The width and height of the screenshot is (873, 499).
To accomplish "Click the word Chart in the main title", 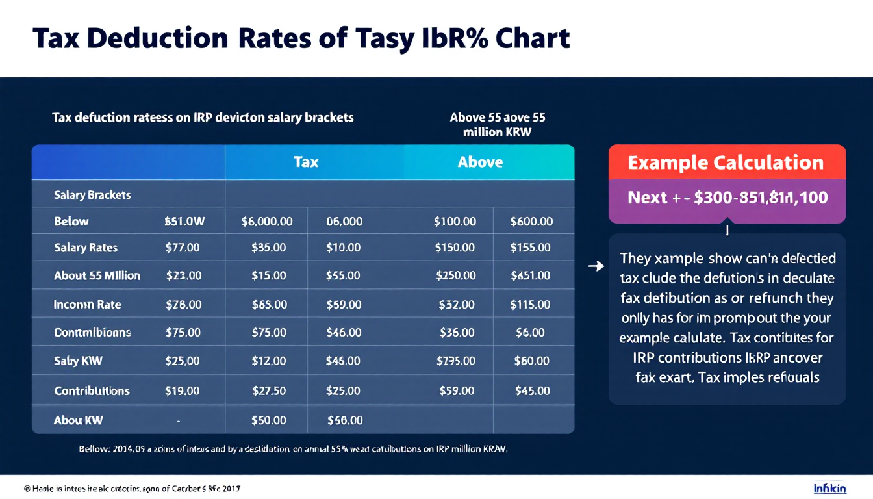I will [533, 39].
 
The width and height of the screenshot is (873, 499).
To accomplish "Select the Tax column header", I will [306, 162].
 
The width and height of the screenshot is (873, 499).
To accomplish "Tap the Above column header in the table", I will [480, 162].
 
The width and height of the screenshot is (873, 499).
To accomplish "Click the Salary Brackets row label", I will [92, 195].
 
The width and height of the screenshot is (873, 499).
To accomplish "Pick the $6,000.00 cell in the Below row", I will [266, 222].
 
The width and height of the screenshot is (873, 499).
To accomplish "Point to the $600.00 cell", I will [531, 222].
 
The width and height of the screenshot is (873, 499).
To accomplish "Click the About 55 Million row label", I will [97, 275].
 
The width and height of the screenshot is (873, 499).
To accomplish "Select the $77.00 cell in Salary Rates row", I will [183, 248].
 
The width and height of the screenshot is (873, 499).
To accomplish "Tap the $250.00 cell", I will [455, 275].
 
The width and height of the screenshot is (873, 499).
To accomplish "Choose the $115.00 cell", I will [530, 304].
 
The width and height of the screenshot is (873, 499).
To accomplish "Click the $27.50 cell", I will [268, 390].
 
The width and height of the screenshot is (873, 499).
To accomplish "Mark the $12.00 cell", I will [268, 361].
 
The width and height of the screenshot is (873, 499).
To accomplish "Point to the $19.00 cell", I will [183, 390].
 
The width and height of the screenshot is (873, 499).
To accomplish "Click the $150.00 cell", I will [455, 248].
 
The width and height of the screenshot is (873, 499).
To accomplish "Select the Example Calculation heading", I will [726, 162].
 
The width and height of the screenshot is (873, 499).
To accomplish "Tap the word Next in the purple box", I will [648, 198].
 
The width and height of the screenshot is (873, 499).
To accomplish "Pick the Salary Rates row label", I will [86, 248].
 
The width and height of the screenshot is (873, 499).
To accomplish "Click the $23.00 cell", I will [183, 275].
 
